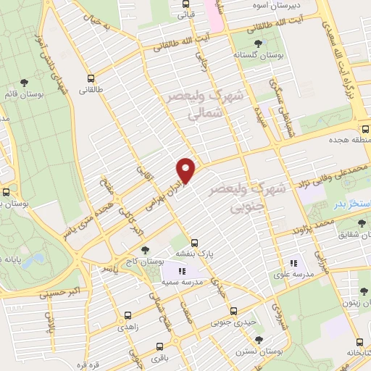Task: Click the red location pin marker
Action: tap(186, 170)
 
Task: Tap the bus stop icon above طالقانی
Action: tap(91, 78)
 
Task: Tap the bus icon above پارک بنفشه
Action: tap(193, 243)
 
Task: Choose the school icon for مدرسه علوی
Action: tap(293, 263)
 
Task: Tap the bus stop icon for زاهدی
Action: tap(128, 316)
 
